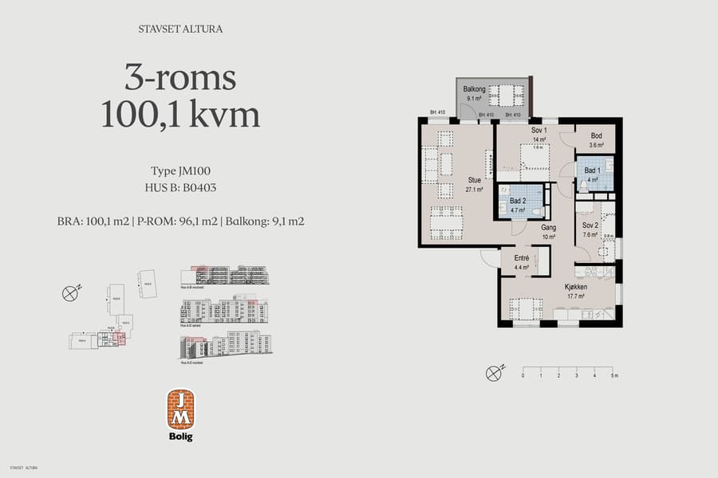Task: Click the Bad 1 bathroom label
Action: coord(592,171)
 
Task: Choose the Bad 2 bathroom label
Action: coord(517,200)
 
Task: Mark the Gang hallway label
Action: coord(548,228)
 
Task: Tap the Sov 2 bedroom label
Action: coord(590,225)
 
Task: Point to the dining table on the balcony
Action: coord(503,95)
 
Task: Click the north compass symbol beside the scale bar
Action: coord(495,372)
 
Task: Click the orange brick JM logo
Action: coord(180,409)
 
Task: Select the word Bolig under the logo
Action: coord(180,437)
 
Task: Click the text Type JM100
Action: coord(180,171)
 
